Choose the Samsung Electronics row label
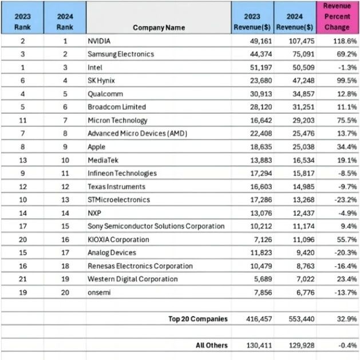[x=120, y=54]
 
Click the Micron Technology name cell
[x=117, y=120]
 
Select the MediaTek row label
[x=103, y=160]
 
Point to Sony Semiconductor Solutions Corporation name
[x=156, y=226]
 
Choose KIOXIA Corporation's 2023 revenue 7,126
[x=259, y=239]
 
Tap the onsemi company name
[x=100, y=292]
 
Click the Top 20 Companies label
[x=197, y=319]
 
